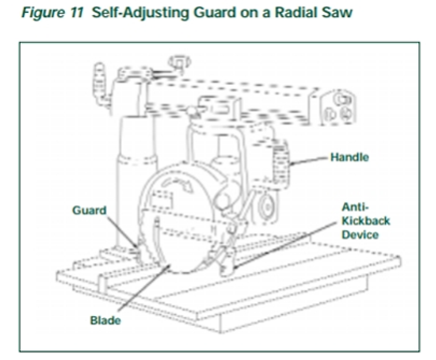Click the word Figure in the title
[x=43, y=13]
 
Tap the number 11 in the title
[x=77, y=12]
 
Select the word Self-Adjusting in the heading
[x=140, y=13]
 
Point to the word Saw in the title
[x=337, y=13]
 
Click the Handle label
[x=349, y=157]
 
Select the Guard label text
[x=89, y=210]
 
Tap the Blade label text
[x=106, y=320]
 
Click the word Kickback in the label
[x=366, y=220]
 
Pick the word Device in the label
[x=360, y=234]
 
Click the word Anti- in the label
[x=355, y=206]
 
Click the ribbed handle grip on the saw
[x=280, y=164]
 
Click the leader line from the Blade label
[x=144, y=287]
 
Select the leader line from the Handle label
[x=309, y=160]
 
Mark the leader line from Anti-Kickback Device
[x=284, y=244]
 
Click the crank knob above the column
[x=180, y=62]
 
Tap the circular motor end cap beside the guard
[x=267, y=207]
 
